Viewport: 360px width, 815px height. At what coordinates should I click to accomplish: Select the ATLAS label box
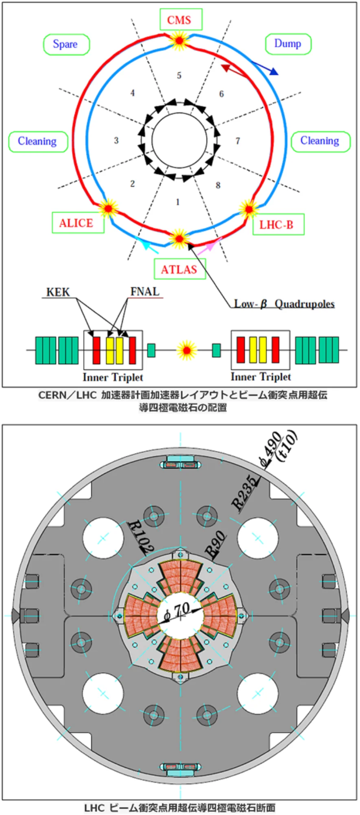coord(179,270)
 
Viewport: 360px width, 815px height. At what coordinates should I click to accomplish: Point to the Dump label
coord(288,44)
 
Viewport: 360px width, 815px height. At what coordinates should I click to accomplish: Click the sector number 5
coord(179,76)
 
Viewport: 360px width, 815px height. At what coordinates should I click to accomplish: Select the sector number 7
coord(238,141)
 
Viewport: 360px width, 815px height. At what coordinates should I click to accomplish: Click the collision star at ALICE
coord(109,208)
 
